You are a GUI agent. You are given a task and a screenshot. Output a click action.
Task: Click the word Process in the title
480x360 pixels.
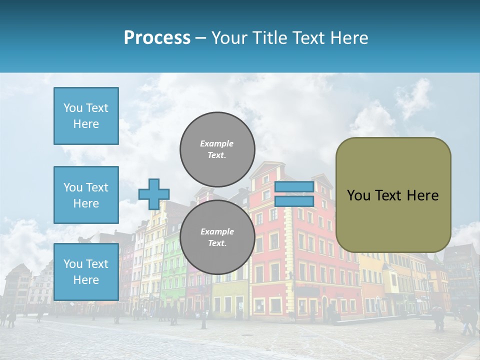click(157, 38)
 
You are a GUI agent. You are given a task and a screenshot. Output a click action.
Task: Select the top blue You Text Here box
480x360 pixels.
click(86, 116)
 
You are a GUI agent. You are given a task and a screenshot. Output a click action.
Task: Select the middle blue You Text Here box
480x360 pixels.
click(86, 195)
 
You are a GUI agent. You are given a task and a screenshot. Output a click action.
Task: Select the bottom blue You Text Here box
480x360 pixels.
click(86, 272)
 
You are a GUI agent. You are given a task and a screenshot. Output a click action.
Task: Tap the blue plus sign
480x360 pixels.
click(154, 194)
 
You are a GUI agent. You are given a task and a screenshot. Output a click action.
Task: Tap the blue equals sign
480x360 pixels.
click(294, 194)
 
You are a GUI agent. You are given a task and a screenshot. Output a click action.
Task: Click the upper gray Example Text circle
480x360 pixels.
click(217, 149)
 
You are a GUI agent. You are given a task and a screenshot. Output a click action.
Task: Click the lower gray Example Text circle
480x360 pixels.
click(217, 237)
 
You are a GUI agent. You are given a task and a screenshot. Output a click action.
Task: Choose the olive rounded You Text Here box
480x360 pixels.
click(393, 195)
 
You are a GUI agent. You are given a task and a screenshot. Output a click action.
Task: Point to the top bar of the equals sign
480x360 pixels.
click(294, 187)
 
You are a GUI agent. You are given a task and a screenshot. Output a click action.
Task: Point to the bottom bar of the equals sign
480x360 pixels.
click(294, 201)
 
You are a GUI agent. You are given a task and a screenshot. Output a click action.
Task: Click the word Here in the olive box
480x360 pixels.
click(422, 195)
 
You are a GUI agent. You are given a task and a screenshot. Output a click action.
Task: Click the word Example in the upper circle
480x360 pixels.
click(216, 143)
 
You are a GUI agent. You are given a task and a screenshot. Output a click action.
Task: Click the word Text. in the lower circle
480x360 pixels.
click(217, 243)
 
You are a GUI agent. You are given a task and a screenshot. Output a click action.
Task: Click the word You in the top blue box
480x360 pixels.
click(72, 108)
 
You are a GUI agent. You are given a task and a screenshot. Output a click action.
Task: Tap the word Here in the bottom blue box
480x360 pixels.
click(86, 280)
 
